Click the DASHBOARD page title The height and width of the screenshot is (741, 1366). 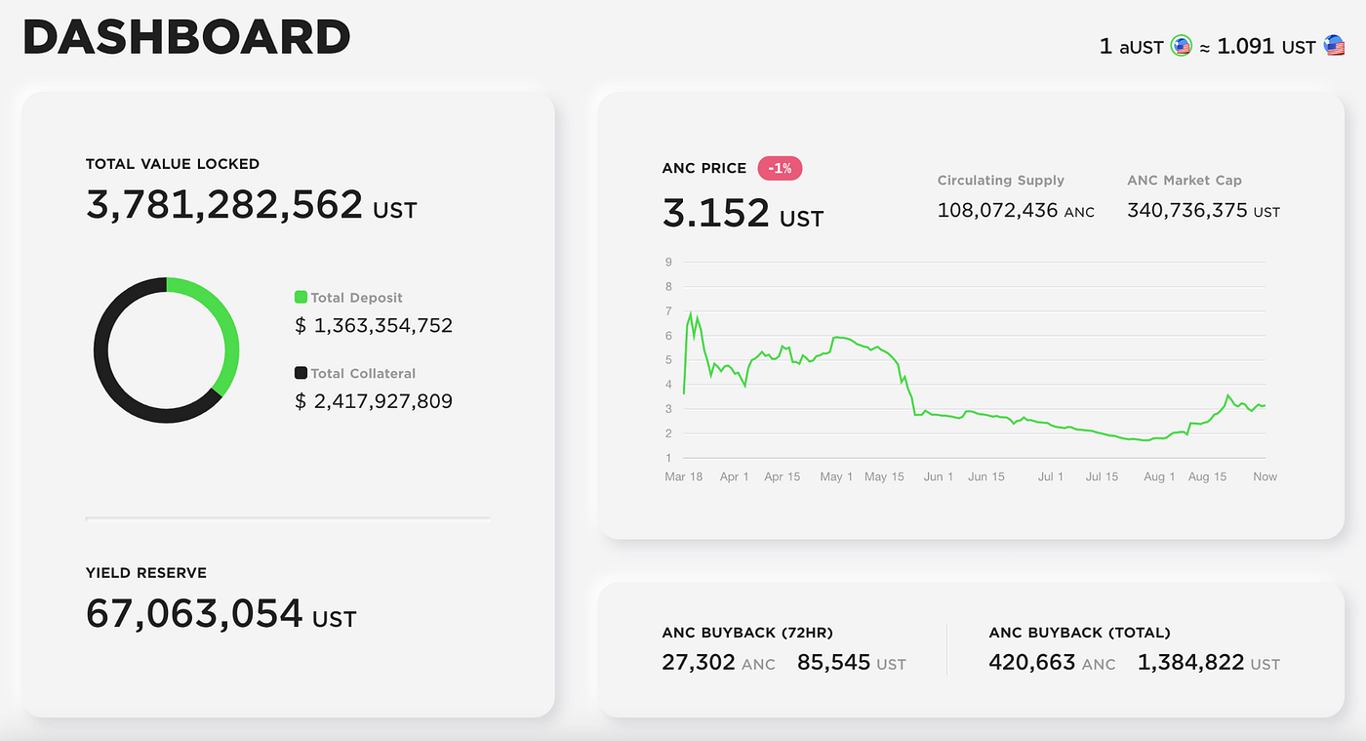tap(185, 39)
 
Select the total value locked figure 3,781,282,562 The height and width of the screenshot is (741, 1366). tap(224, 205)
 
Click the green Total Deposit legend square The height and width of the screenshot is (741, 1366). tap(301, 297)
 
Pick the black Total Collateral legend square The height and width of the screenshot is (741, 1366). tap(301, 373)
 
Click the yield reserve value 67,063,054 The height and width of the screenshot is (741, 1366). tap(194, 613)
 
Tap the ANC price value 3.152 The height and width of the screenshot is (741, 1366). tap(715, 212)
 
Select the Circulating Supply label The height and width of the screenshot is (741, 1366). tap(1000, 181)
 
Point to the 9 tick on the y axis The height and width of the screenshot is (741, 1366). tap(668, 262)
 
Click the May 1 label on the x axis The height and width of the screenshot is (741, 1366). tap(836, 476)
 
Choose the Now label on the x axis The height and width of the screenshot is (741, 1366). tap(1265, 476)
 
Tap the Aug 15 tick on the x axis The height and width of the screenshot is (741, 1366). tap(1207, 476)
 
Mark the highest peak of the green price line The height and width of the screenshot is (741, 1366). tap(691, 312)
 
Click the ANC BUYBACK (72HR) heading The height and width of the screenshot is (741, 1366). tap(747, 633)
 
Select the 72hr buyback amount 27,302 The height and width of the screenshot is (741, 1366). tap(699, 663)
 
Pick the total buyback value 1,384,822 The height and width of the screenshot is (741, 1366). tap(1190, 663)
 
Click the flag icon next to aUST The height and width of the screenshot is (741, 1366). tap(1182, 46)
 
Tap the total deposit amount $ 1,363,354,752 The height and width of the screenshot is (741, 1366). tap(374, 325)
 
